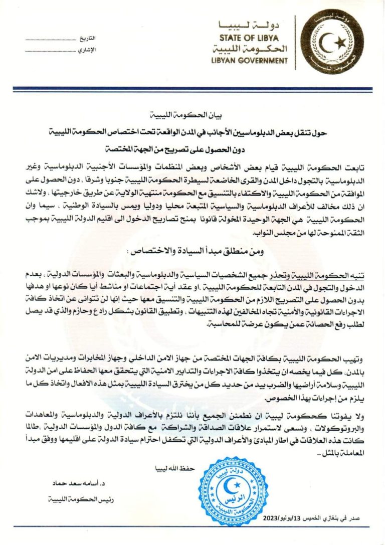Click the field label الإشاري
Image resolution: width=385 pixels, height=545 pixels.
87,50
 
